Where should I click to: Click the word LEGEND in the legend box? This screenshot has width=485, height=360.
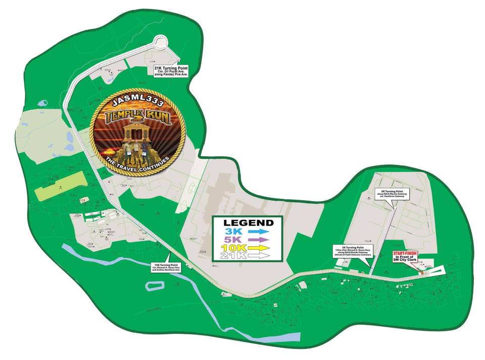coord(249,222)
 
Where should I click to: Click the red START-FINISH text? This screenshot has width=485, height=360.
coord(407,253)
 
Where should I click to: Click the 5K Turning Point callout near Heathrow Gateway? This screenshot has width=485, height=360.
coord(393,194)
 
